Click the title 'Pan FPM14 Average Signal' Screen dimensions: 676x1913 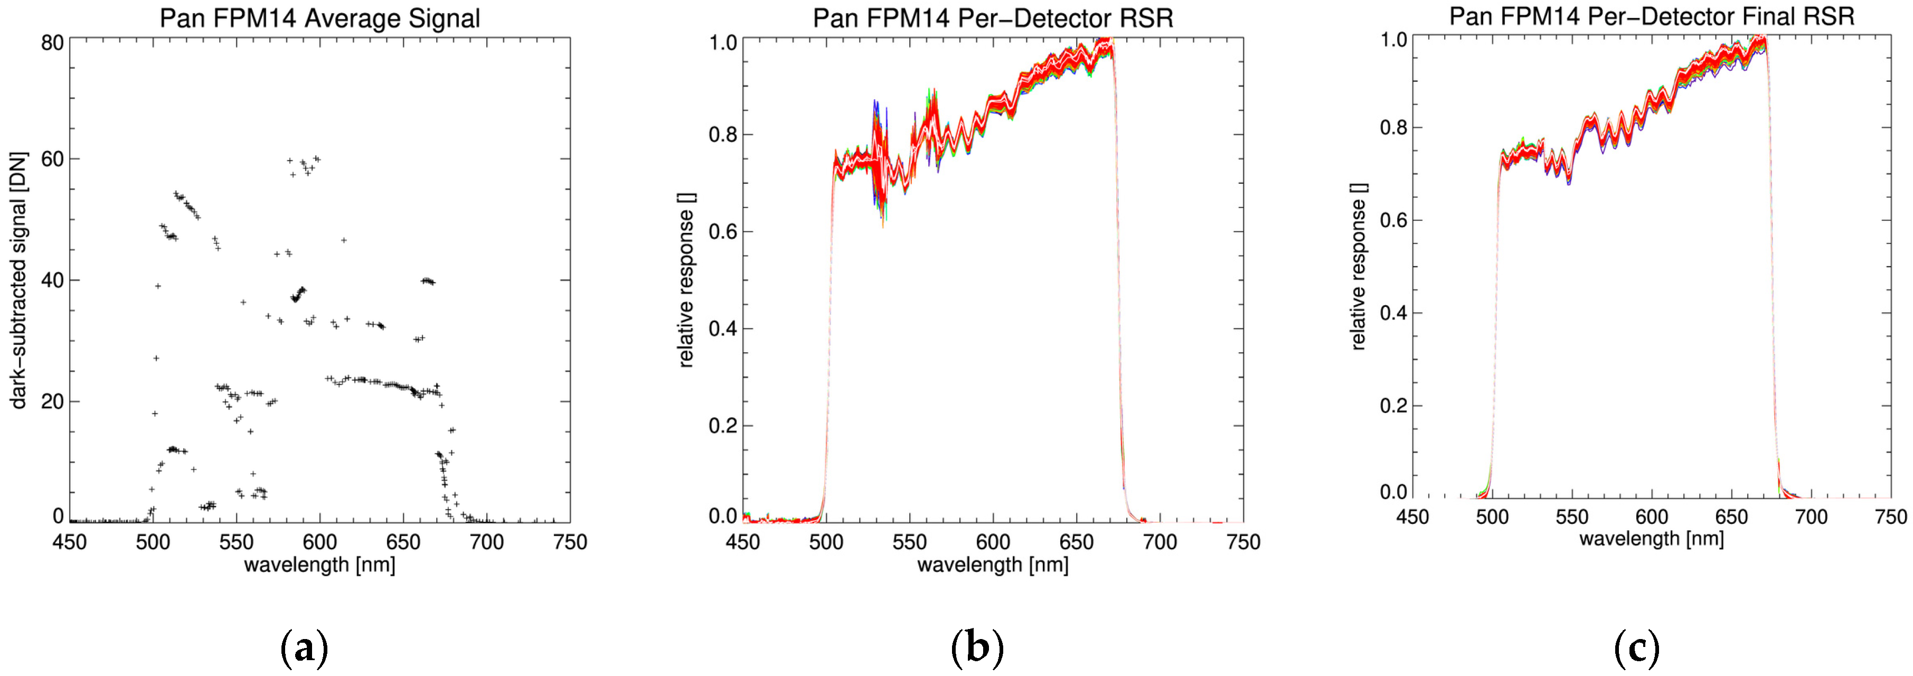(x=319, y=18)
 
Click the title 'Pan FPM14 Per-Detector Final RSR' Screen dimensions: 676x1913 (x=1652, y=16)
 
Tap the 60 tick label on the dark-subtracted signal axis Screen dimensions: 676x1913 (x=52, y=159)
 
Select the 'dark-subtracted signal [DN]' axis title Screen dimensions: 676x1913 (x=18, y=281)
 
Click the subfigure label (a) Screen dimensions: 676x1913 (x=304, y=648)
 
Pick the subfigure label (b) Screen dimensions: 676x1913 (x=976, y=648)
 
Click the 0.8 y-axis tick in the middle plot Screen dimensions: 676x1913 (x=722, y=135)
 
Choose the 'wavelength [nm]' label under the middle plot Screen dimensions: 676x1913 (x=992, y=565)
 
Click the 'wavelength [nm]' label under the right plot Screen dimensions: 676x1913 (x=1651, y=539)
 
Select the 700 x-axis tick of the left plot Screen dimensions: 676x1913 (x=487, y=542)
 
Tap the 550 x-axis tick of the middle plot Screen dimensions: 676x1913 (x=909, y=542)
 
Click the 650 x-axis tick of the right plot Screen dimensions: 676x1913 (x=1731, y=517)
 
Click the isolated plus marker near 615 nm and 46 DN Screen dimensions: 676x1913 (x=344, y=240)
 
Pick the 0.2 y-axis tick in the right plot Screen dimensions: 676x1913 (x=1393, y=406)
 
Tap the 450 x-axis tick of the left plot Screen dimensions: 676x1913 (x=70, y=542)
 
